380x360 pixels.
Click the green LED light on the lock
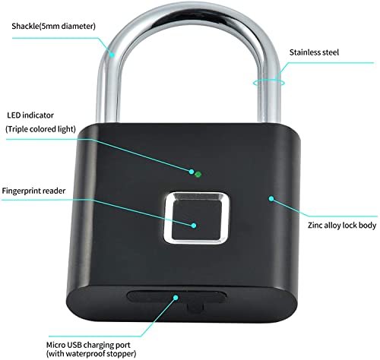198,174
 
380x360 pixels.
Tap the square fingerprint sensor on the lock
197,218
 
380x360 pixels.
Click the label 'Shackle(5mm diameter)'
53,26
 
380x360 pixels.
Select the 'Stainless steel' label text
314,52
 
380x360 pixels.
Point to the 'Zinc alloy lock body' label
342,225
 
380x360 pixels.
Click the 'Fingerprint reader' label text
33,191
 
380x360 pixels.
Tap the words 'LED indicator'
30,115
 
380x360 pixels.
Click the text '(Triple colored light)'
40,129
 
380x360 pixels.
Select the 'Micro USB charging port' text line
88,345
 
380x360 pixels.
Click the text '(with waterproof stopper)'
91,353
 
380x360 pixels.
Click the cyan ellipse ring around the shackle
268,82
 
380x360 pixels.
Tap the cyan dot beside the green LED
192,172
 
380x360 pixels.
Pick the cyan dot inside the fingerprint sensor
194,226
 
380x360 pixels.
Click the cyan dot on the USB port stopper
176,298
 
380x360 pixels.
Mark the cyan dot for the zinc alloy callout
271,199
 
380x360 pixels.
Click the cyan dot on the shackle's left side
112,54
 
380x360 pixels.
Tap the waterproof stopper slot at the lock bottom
176,297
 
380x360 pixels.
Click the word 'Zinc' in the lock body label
315,225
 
